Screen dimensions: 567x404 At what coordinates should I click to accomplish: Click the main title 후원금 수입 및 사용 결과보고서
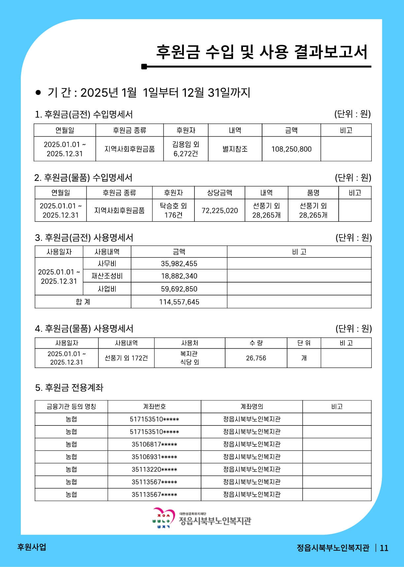pyautogui.click(x=261, y=52)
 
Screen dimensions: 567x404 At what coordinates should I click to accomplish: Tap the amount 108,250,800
pyautogui.click(x=291, y=149)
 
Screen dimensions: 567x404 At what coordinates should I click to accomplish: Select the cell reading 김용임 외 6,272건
pyautogui.click(x=186, y=149)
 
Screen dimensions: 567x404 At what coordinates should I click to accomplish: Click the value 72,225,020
pyautogui.click(x=219, y=211)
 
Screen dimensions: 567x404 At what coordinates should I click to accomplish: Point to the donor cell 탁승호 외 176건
pyautogui.click(x=173, y=211)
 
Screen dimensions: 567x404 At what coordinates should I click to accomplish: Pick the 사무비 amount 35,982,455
pyautogui.click(x=179, y=264)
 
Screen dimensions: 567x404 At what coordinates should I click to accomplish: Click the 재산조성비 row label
pyautogui.click(x=107, y=276)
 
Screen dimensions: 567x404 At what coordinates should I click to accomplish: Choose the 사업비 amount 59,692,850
pyautogui.click(x=179, y=289)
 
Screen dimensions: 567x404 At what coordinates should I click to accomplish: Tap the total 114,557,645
pyautogui.click(x=179, y=302)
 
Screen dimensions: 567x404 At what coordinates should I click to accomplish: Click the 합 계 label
pyautogui.click(x=83, y=302)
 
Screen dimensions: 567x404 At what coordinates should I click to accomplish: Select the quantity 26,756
pyautogui.click(x=256, y=358)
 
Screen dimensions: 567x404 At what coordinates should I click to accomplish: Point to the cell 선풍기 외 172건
pyautogui.click(x=126, y=358)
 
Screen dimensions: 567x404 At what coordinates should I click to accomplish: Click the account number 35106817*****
pyautogui.click(x=154, y=445)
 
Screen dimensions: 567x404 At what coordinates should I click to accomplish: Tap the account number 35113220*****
pyautogui.click(x=154, y=470)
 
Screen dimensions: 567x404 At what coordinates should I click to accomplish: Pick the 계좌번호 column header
pyautogui.click(x=154, y=407)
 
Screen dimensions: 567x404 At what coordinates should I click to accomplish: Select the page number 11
pyautogui.click(x=384, y=548)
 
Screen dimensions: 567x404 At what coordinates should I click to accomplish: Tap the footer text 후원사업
pyautogui.click(x=31, y=547)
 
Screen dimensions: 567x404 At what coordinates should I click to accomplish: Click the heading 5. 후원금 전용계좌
pyautogui.click(x=69, y=387)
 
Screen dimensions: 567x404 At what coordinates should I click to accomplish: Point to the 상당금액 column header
pyautogui.click(x=219, y=193)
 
